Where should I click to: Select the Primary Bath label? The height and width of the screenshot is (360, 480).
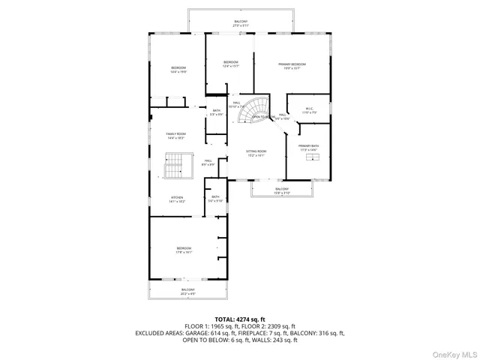coord(308,147)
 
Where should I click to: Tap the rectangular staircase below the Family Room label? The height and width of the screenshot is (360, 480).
coord(174,166)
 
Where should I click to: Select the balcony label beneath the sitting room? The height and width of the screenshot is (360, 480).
coord(281,190)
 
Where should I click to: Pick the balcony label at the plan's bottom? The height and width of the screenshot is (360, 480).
coord(187,292)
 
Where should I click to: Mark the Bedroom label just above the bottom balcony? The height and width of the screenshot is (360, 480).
coord(184,250)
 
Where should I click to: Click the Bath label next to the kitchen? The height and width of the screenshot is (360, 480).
coord(215,199)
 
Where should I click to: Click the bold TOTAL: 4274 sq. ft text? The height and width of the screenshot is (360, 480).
coord(240,319)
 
